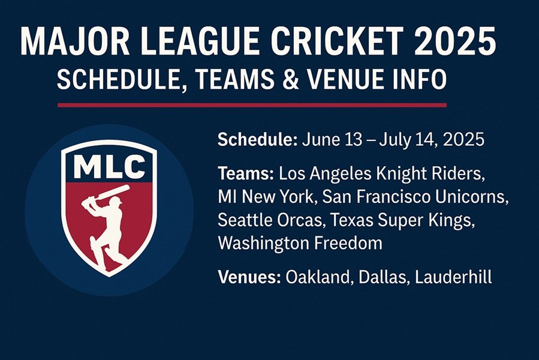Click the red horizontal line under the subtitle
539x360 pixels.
[252, 105]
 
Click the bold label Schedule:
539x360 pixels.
[257, 140]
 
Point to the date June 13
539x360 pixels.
[332, 140]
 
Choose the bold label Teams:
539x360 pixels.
[246, 174]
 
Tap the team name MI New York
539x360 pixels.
[266, 197]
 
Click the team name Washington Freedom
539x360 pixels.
[300, 243]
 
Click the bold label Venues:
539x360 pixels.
[249, 277]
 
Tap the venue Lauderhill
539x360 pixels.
[453, 277]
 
